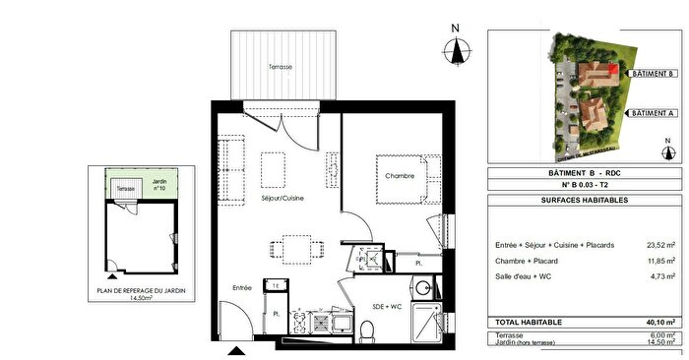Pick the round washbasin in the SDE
pos(422,289)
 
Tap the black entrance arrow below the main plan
pos(236,350)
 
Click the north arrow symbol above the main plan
pos(455,49)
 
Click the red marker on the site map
pos(613,69)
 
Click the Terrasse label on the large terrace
pos(282,67)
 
